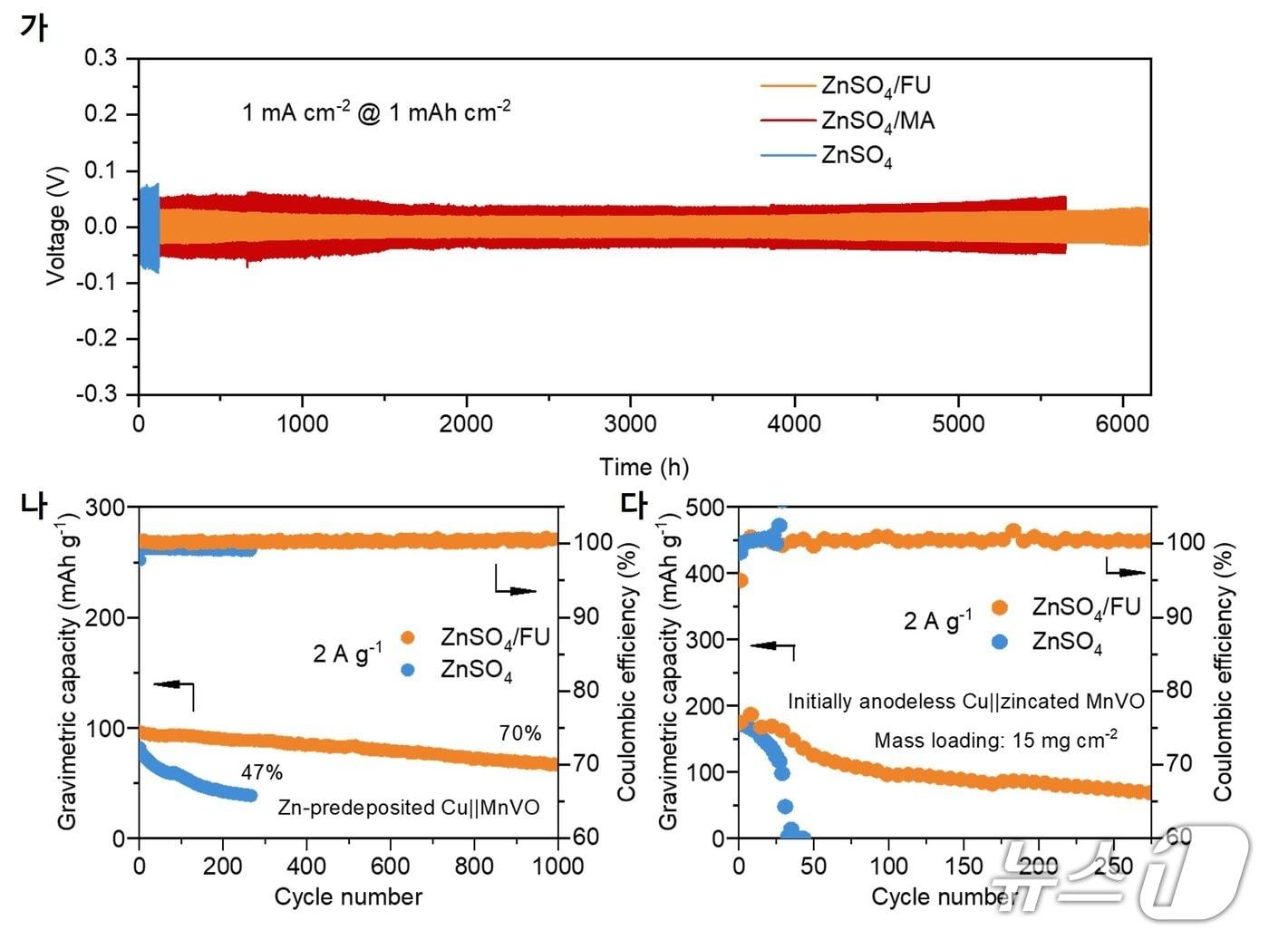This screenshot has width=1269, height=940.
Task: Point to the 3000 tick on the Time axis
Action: pos(630,423)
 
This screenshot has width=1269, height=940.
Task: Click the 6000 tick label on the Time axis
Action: pos(1122,423)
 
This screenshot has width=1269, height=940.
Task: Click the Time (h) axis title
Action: pos(644,467)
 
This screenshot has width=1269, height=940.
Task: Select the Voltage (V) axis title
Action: pos(56,226)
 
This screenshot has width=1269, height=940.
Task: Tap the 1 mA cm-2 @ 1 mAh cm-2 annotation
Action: pos(376,112)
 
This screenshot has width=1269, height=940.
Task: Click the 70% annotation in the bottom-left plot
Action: pos(520,732)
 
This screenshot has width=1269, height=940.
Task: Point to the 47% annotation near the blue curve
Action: pos(262,772)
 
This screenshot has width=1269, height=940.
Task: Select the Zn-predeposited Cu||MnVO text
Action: pos(409,807)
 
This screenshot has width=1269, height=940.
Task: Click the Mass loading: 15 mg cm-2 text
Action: pos(995,740)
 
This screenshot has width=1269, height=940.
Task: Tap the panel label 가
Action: pos(33,27)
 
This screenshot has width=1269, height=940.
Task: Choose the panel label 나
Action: pos(34,505)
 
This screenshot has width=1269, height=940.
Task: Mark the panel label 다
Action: pos(634,505)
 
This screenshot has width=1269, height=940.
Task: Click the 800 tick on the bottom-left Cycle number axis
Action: pos(474,866)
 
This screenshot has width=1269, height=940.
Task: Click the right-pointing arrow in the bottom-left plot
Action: pos(521,591)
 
